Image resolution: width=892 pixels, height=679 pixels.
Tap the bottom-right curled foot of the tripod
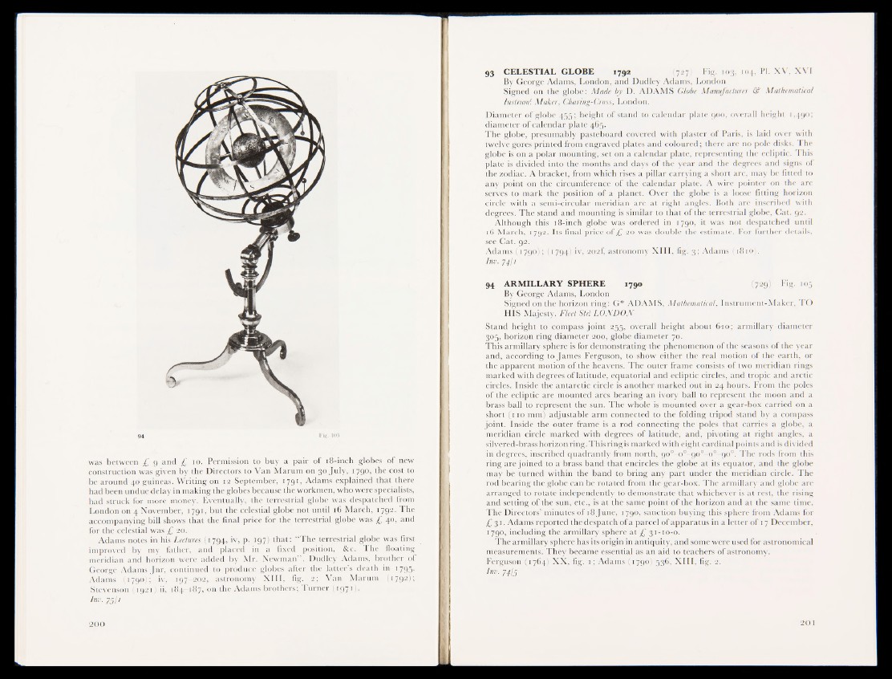298,417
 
